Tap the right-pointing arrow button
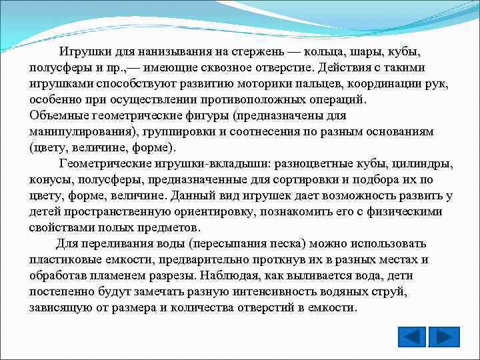tap(443, 337)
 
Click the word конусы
tap(51, 180)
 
